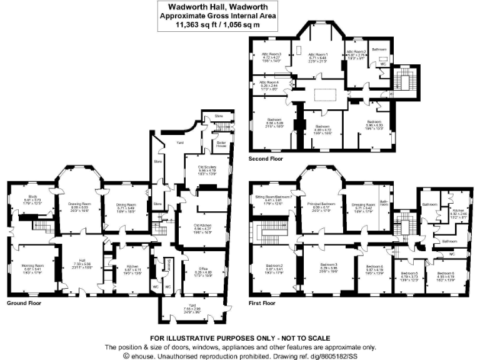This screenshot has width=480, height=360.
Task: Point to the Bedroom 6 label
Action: (x=445, y=274)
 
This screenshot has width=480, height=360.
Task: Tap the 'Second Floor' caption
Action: (x=267, y=159)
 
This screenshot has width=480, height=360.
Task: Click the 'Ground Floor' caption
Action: (x=24, y=302)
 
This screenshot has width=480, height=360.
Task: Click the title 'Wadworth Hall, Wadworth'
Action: (x=217, y=5)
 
